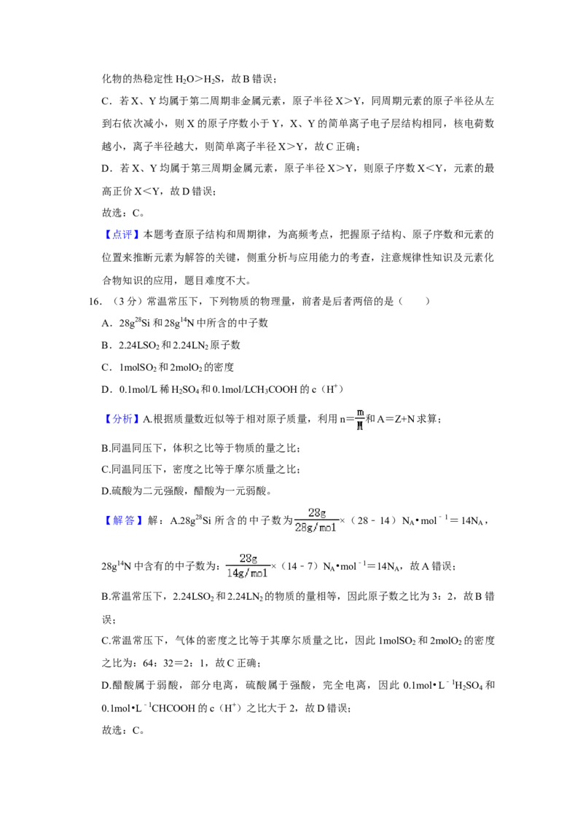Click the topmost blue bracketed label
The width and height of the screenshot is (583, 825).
point(122,235)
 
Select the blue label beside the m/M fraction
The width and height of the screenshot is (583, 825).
point(122,419)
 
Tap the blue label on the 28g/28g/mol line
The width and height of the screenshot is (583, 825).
point(125,521)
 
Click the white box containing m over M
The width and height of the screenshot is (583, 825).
point(359,419)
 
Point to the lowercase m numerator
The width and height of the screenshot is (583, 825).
point(360,412)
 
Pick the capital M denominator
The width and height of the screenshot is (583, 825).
point(360,426)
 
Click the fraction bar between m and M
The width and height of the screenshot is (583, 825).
point(359,419)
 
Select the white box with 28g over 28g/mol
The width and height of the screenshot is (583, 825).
point(318,519)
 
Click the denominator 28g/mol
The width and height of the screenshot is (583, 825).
point(316,528)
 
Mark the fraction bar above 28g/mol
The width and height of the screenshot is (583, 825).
point(317,520)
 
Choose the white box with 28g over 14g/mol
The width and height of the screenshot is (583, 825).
point(248,566)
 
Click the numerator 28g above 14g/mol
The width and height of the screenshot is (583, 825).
point(249,559)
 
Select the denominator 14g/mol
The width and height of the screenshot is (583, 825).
point(247,574)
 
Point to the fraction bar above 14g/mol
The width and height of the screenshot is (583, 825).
point(248,566)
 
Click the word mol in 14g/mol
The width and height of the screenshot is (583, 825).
point(259,574)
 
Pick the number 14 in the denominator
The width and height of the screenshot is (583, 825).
point(231,574)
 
